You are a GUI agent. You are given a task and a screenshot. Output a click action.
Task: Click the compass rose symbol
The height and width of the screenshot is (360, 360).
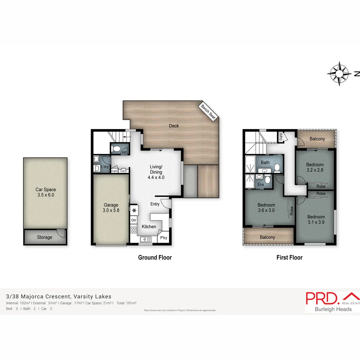[339, 73]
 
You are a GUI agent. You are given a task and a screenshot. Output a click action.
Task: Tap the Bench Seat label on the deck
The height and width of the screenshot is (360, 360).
[208, 112]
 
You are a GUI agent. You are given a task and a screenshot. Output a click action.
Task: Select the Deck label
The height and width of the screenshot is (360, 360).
[174, 126]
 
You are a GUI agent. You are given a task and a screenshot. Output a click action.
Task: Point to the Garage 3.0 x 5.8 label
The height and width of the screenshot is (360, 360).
[111, 208]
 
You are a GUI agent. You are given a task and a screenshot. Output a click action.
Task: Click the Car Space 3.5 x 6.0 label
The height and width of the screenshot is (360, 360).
[46, 192]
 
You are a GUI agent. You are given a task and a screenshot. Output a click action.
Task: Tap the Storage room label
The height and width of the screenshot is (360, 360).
[44, 237]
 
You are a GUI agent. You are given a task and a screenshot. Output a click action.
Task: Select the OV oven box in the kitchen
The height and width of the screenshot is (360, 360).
[134, 220]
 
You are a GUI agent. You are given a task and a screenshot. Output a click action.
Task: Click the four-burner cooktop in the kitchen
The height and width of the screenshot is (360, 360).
[134, 230]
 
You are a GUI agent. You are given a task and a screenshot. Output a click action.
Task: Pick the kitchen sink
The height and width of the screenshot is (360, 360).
[146, 239]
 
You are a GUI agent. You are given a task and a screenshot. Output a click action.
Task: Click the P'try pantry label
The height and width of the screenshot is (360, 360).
[164, 238]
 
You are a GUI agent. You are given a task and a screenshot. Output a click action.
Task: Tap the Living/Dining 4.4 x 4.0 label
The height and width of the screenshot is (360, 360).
[156, 172]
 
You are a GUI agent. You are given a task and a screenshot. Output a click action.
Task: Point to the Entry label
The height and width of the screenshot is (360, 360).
[155, 204]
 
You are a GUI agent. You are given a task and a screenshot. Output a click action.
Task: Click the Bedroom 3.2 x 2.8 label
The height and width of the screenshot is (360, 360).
[315, 167]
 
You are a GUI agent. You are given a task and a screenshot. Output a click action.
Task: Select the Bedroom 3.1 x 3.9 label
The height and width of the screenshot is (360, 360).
[316, 219]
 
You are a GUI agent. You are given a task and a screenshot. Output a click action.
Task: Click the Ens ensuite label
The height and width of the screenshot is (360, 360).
[261, 184]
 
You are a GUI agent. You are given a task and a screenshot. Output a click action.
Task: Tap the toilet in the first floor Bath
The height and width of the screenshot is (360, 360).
[277, 167]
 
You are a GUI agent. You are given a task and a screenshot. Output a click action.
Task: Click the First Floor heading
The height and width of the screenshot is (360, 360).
[289, 257]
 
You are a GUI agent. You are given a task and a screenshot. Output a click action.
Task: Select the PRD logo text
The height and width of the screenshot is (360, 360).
[322, 298]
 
